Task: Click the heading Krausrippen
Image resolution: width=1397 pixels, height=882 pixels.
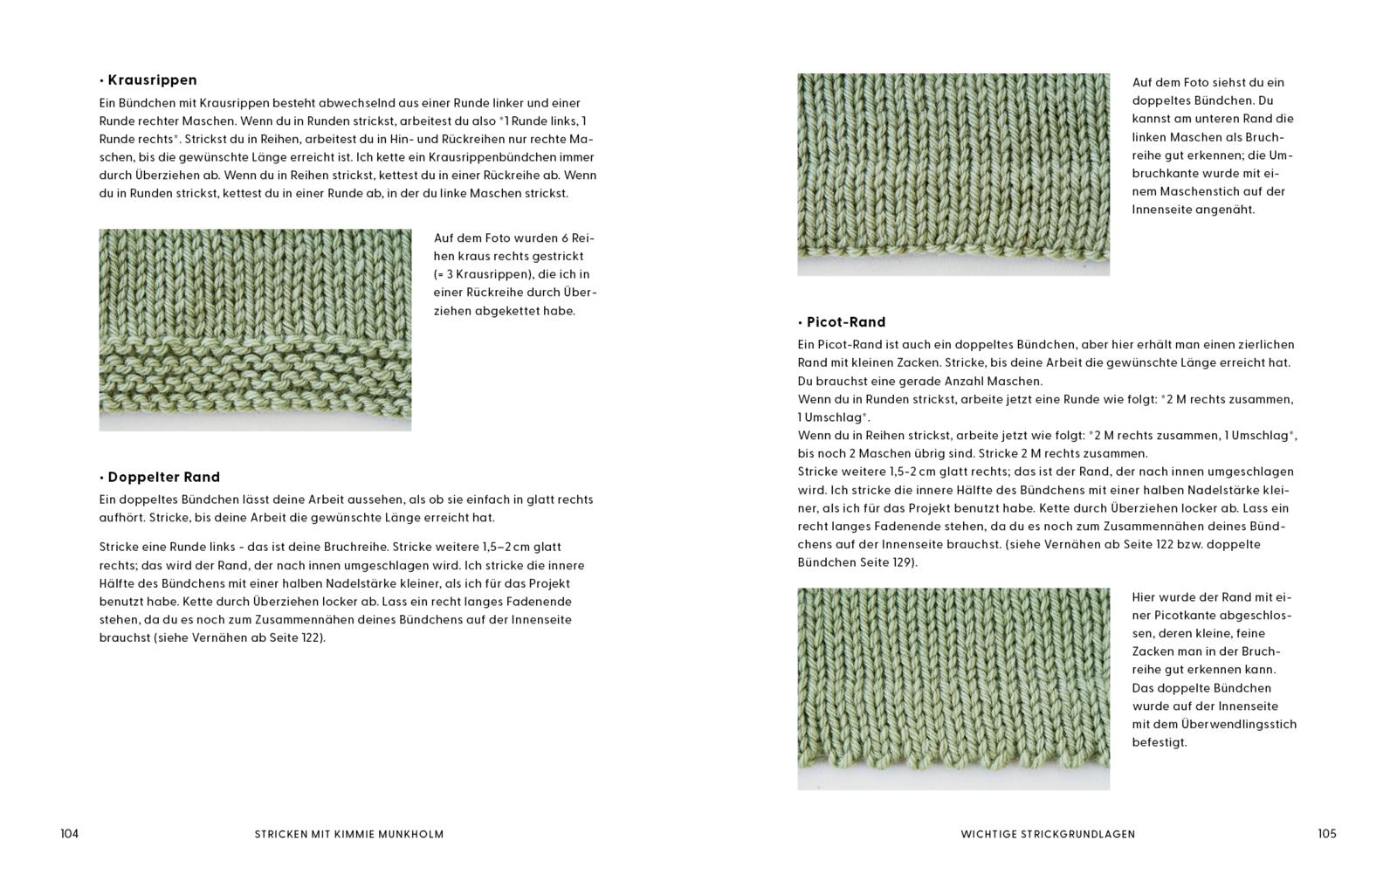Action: click(x=152, y=80)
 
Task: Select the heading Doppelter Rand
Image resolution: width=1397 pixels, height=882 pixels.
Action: click(x=163, y=477)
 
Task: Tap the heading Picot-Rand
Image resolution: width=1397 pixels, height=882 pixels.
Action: click(x=845, y=322)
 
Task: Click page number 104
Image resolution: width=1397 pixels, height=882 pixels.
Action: click(x=69, y=834)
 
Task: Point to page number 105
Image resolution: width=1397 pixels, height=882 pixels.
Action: click(x=1326, y=834)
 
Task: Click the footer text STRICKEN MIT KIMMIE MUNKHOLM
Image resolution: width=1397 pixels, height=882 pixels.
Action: click(x=349, y=834)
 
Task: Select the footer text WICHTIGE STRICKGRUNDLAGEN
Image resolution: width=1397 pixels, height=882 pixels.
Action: click(x=1048, y=834)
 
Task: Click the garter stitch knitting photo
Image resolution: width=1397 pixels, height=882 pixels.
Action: click(x=255, y=330)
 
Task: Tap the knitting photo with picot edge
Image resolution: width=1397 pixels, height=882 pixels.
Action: click(x=953, y=688)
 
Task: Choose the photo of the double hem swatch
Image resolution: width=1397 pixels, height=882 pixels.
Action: click(x=953, y=174)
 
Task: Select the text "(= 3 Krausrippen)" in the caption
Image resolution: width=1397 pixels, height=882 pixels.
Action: click(x=483, y=274)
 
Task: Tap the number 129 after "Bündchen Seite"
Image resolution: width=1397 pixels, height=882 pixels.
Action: click(x=901, y=562)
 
